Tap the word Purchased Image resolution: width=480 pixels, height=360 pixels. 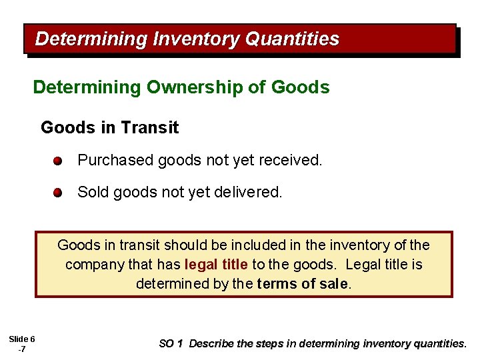[115, 160]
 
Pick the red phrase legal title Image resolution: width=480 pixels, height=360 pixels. [216, 265]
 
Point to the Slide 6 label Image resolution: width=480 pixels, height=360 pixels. [22, 339]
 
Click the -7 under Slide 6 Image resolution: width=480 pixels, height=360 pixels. [22, 349]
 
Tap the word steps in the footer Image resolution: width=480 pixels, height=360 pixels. [271, 344]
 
